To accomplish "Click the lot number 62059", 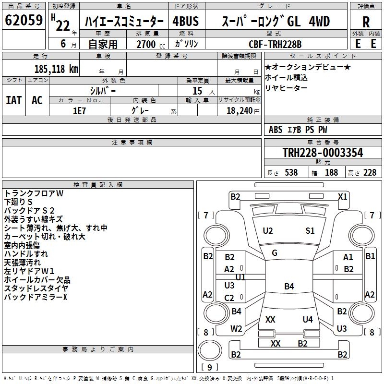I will pyautogui.click(x=24, y=21).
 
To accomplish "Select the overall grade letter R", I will pyautogui.click(x=366, y=22).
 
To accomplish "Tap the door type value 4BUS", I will pyautogui.click(x=186, y=22).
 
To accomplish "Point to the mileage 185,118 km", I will pyautogui.click(x=56, y=69).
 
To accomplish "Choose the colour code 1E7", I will pyautogui.click(x=80, y=110).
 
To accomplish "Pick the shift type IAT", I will pyautogui.click(x=13, y=100).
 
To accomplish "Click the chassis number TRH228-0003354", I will pyautogui.click(x=323, y=153).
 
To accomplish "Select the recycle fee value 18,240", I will pyautogui.click(x=238, y=110).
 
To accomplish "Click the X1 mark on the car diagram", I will pyautogui.click(x=342, y=196).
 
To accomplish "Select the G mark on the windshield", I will pyautogui.click(x=275, y=253).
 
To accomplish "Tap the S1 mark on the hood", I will pyautogui.click(x=310, y=231).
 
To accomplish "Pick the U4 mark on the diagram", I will pyautogui.click(x=308, y=319).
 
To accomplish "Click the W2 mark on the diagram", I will pyautogui.click(x=236, y=329).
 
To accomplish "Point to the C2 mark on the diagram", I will pyautogui.click(x=229, y=298).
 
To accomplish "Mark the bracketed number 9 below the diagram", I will pyautogui.click(x=209, y=368).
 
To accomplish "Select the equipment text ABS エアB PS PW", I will pyautogui.click(x=298, y=130).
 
